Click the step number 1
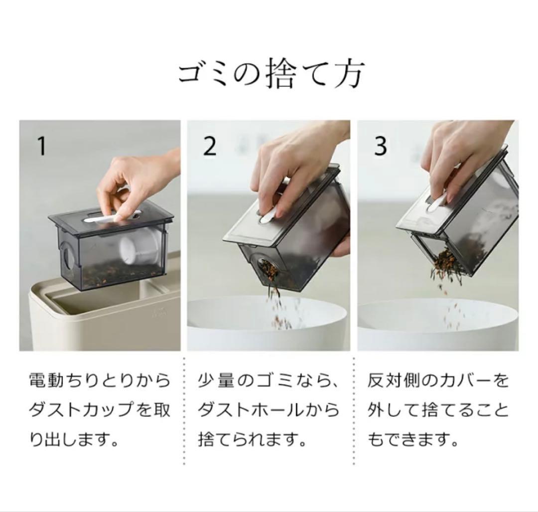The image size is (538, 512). pyautogui.click(x=41, y=146)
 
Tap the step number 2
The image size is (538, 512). pyautogui.click(x=210, y=146)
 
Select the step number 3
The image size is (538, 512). pyautogui.click(x=381, y=146)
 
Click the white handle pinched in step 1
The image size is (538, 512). pyautogui.click(x=113, y=217)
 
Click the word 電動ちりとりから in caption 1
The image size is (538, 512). pyautogui.click(x=100, y=381)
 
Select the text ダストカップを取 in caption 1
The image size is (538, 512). pyautogui.click(x=100, y=410)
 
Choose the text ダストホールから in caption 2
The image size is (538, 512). pyautogui.click(x=269, y=410)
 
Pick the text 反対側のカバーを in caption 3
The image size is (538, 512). pyautogui.click(x=438, y=381)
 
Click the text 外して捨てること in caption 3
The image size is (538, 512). pyautogui.click(x=438, y=410)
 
